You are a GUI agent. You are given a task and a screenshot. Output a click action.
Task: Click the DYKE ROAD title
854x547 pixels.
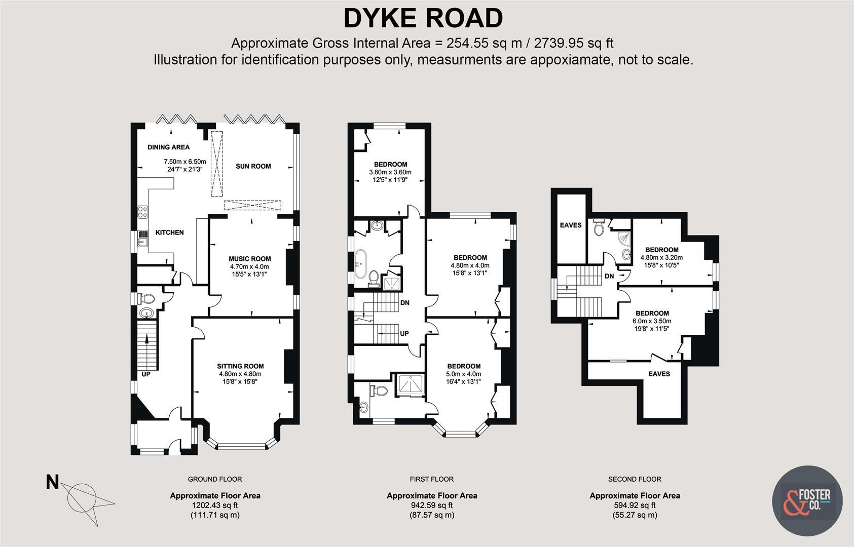tap(423, 19)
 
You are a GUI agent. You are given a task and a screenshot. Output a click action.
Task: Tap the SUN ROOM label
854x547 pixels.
tap(253, 166)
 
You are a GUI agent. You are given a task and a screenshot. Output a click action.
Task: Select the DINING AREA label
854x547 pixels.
tap(168, 147)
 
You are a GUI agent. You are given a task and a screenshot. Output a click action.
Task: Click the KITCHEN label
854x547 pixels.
tap(169, 232)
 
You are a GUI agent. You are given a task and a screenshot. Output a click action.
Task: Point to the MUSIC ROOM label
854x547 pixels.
tap(249, 259)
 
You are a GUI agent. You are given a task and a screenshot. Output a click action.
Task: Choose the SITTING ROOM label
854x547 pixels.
tap(240, 366)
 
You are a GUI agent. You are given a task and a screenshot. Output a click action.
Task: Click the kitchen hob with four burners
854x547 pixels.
tap(142, 212)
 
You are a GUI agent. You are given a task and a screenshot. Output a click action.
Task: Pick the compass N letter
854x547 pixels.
tap(52, 482)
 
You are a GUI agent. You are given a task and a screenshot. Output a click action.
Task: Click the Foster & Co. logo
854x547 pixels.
tap(807, 500)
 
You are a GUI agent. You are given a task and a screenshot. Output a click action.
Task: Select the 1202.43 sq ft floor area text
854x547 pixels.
tap(215, 505)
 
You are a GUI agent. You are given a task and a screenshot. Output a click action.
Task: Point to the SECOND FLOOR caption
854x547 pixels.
tap(635, 479)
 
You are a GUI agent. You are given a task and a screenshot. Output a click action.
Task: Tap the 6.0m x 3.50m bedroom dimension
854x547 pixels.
tap(652, 321)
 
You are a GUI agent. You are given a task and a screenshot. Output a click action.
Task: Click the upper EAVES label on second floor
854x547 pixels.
tap(571, 225)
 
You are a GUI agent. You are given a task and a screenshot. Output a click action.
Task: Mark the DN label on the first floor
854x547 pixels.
tap(405, 303)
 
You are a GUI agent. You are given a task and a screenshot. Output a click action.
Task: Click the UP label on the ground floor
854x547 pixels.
tap(146, 375)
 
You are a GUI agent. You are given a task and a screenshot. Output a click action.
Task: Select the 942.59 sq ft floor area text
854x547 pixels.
tap(432, 505)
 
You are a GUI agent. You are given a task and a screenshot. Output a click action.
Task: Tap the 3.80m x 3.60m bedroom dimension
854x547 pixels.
tap(390, 172)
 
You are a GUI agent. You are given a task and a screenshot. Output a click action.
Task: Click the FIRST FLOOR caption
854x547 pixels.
tap(432, 479)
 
